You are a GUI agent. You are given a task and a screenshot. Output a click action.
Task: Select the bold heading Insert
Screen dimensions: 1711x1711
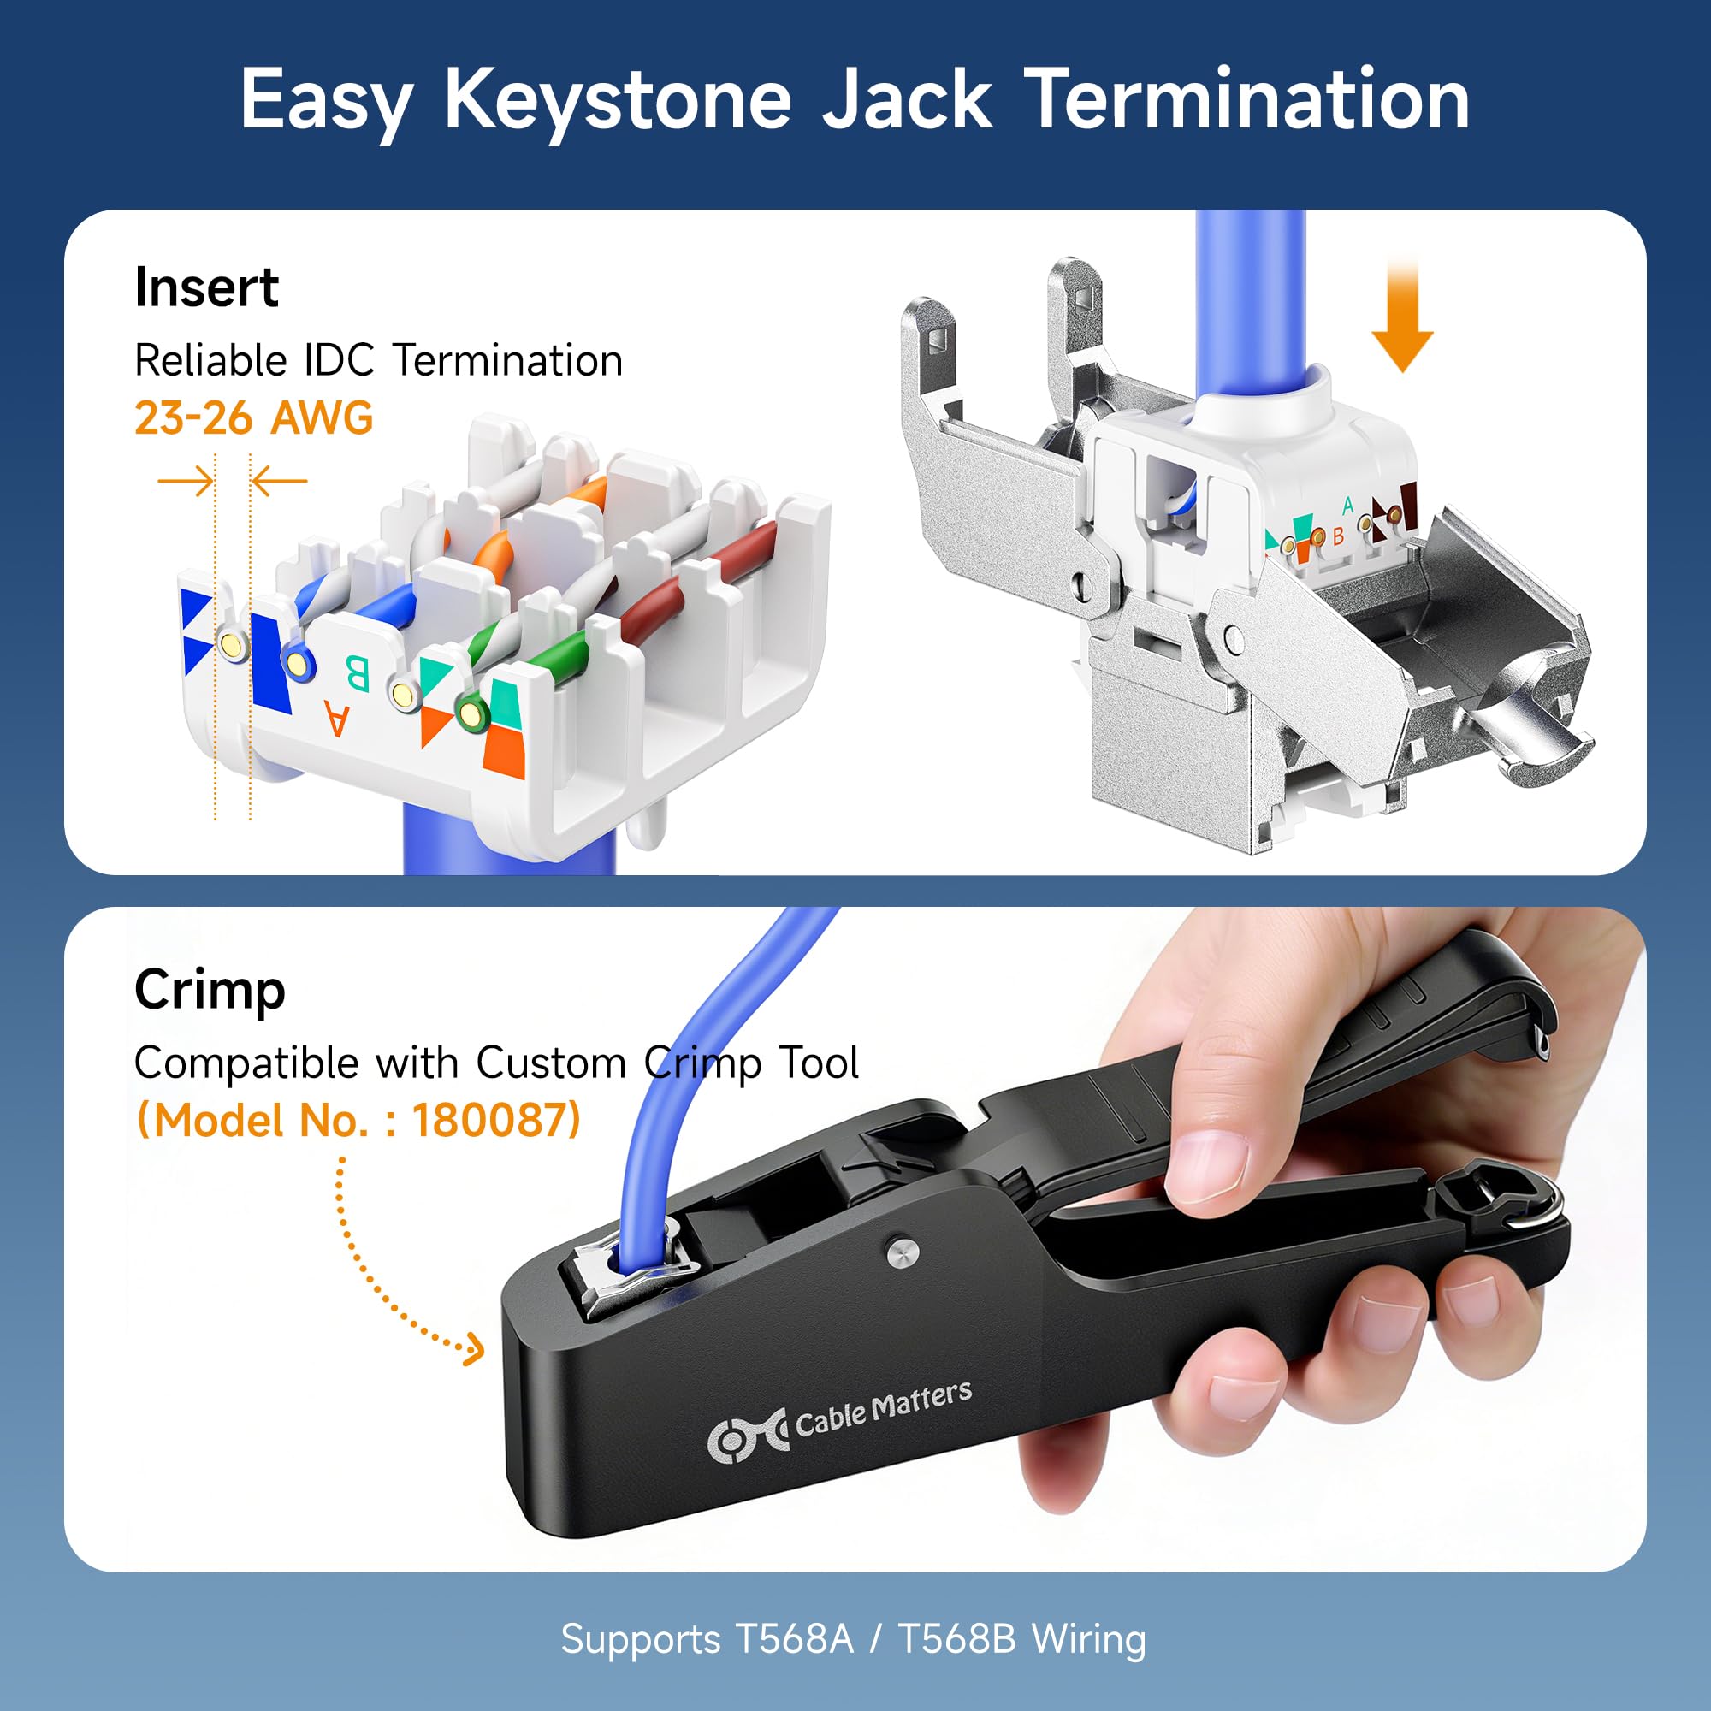(x=206, y=287)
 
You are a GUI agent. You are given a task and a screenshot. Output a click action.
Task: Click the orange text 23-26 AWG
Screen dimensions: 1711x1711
(x=254, y=418)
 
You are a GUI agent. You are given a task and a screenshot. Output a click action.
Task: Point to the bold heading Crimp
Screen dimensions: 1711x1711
(x=210, y=990)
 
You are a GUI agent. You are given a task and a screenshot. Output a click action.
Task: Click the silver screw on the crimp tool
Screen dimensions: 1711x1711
(x=903, y=1251)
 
